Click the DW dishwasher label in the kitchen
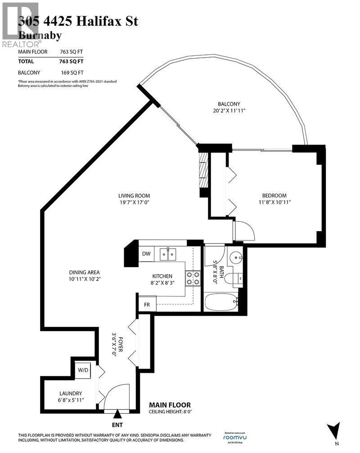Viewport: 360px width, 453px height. coord(146,254)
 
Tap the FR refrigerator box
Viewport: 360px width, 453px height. coord(147,304)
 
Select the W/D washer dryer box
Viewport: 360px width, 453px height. coord(83,370)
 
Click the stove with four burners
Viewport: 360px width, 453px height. coord(193,278)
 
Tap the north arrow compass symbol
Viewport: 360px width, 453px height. coord(334,430)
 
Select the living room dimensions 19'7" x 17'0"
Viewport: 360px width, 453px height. coord(134,203)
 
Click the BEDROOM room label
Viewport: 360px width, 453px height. coord(274,195)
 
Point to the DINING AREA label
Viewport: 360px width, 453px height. coord(72,272)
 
